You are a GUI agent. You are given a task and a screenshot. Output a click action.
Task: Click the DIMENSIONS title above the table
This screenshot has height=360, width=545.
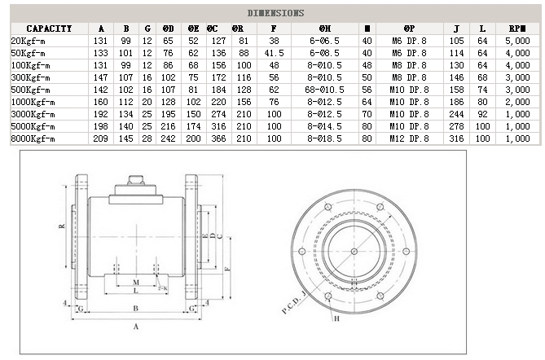[x=275, y=13]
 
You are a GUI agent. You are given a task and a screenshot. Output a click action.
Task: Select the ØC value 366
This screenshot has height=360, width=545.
[x=219, y=139]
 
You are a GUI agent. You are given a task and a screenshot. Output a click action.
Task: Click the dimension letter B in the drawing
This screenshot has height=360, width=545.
[x=135, y=307]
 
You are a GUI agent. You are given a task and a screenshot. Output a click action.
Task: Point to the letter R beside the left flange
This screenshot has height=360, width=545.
[x=62, y=227]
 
